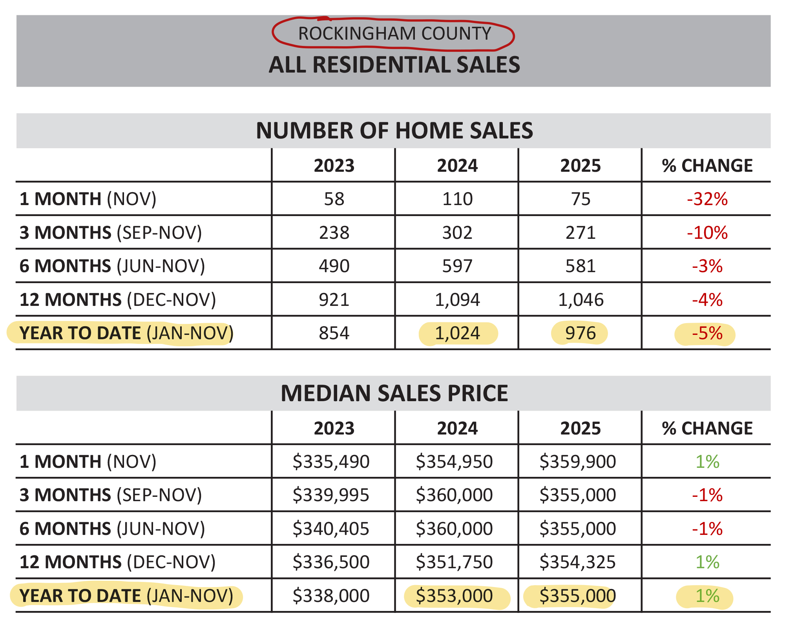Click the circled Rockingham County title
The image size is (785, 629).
click(x=394, y=34)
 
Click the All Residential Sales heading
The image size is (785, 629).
click(x=394, y=65)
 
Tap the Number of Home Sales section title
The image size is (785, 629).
click(x=394, y=131)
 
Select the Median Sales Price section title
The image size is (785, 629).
click(x=394, y=393)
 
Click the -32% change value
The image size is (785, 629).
click(x=707, y=199)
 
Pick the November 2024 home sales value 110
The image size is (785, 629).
click(x=457, y=199)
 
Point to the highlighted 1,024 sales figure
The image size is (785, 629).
click(x=457, y=333)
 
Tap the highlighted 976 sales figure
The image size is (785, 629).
click(x=580, y=333)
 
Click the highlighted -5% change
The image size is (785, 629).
click(x=707, y=333)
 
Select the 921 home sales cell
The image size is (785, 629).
click(x=334, y=300)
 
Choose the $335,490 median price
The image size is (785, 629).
click(x=331, y=462)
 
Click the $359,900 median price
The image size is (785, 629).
click(x=577, y=462)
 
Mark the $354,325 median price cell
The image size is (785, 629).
click(x=577, y=562)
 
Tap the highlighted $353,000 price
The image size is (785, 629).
click(x=454, y=596)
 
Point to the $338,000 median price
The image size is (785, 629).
click(x=331, y=596)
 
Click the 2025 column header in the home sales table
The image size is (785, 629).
click(x=580, y=166)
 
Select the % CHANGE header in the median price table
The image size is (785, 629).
click(x=707, y=429)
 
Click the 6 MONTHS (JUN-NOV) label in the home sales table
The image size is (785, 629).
click(x=112, y=266)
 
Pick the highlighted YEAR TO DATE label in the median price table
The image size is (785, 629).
click(x=126, y=596)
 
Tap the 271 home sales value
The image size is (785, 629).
click(x=580, y=233)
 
